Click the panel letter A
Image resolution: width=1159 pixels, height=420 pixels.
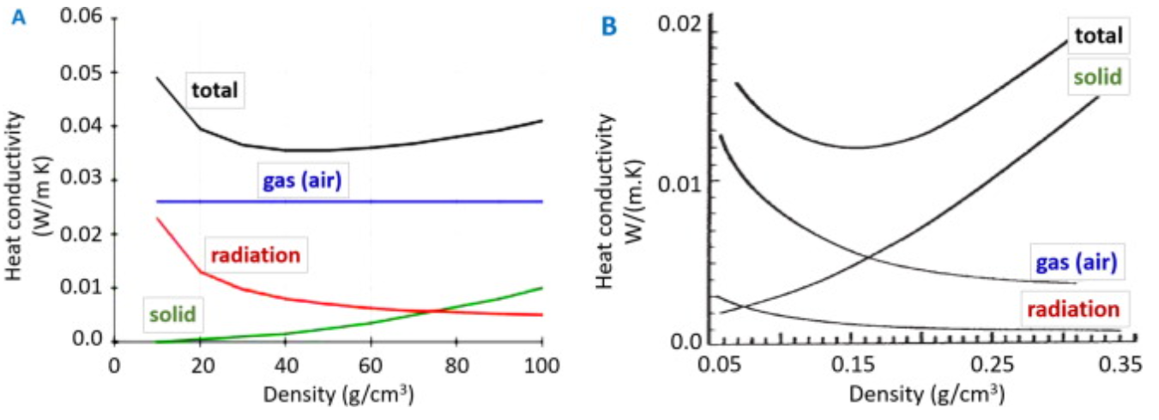(18, 15)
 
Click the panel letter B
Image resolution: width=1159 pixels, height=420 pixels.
(609, 27)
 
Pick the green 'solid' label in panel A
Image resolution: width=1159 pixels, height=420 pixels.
(172, 313)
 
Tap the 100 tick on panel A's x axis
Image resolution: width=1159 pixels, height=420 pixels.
(541, 365)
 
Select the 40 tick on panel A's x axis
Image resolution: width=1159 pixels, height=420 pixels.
(285, 365)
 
